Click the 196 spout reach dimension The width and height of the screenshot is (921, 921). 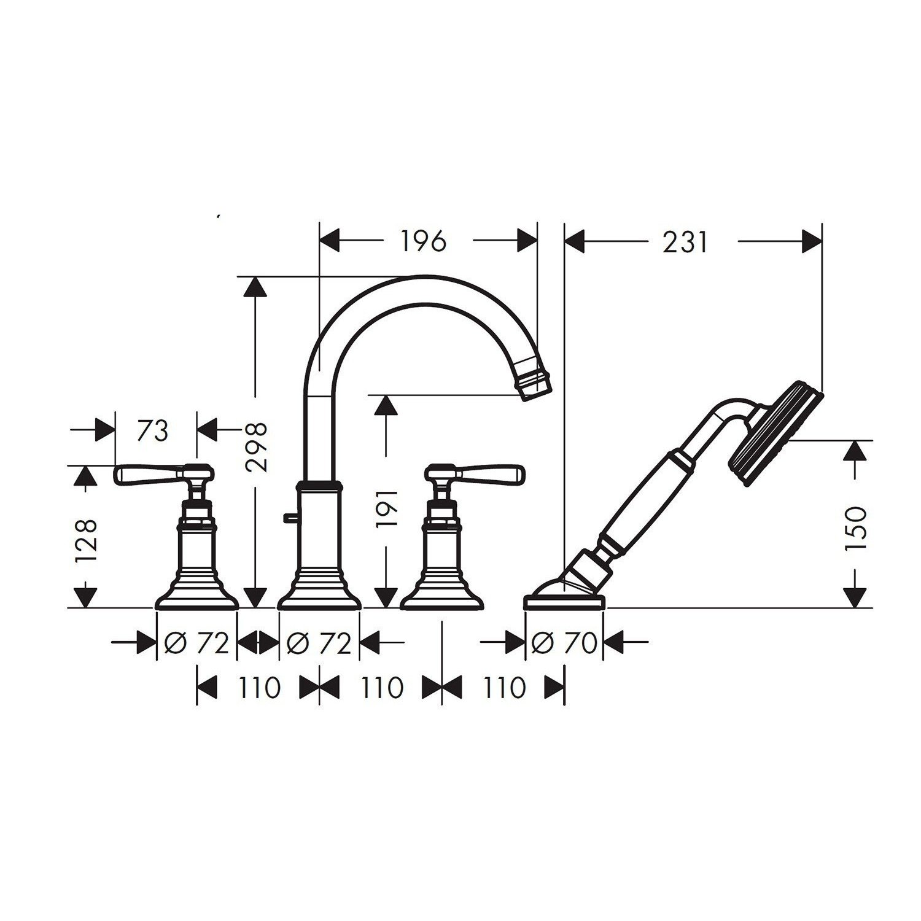point(423,241)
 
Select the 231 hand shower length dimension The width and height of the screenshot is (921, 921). point(685,242)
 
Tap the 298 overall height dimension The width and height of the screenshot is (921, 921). point(255,446)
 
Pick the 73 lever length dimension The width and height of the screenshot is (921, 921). point(152,431)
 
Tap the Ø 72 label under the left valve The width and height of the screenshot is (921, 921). point(196,643)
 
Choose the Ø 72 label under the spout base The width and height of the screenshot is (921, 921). point(319,643)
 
